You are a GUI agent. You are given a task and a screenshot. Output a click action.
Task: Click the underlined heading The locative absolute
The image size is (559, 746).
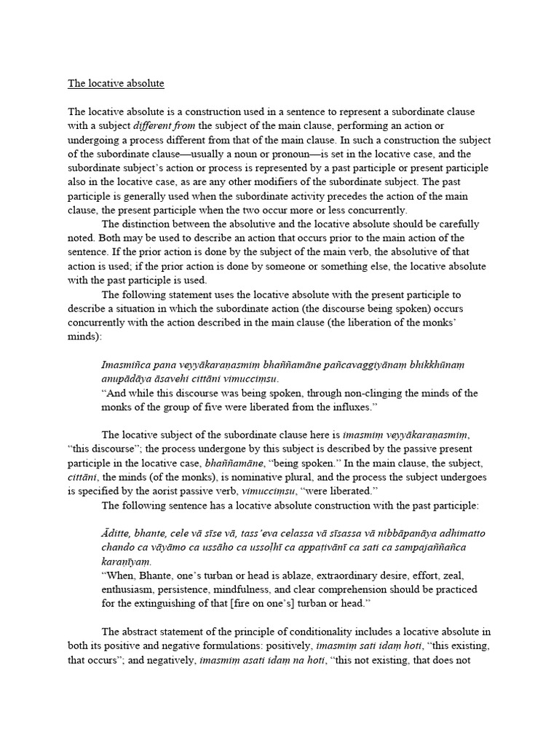tap(116, 84)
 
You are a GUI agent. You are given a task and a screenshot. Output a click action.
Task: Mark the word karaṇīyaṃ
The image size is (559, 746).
tap(127, 562)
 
